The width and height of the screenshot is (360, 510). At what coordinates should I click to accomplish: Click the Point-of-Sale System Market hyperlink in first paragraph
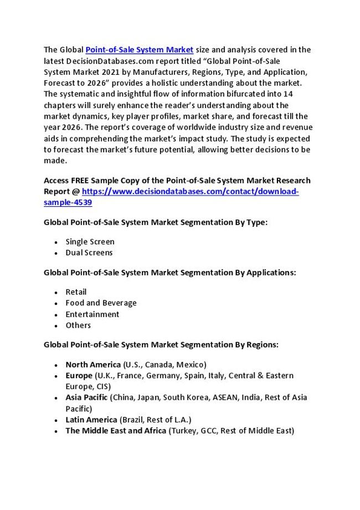pyautogui.click(x=139, y=50)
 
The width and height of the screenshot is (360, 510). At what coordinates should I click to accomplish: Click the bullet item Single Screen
pyautogui.click(x=90, y=242)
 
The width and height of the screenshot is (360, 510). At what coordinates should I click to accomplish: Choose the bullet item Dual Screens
pyautogui.click(x=89, y=253)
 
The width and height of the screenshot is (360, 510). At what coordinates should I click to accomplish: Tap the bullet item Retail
pyautogui.click(x=76, y=292)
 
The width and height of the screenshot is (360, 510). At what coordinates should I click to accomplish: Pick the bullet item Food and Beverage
pyautogui.click(x=101, y=303)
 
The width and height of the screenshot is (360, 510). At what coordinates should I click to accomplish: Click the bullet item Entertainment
pyautogui.click(x=92, y=314)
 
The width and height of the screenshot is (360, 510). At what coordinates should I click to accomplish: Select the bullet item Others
pyautogui.click(x=78, y=325)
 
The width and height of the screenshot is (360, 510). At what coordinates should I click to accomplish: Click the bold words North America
pyautogui.click(x=92, y=364)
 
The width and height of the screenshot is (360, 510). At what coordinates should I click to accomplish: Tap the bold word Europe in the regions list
pyautogui.click(x=79, y=375)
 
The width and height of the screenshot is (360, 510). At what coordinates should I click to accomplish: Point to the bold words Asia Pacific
pyautogui.click(x=86, y=397)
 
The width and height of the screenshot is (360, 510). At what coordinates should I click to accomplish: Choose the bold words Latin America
pyautogui.click(x=91, y=420)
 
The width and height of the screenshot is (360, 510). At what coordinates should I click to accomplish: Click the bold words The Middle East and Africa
pyautogui.click(x=116, y=431)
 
